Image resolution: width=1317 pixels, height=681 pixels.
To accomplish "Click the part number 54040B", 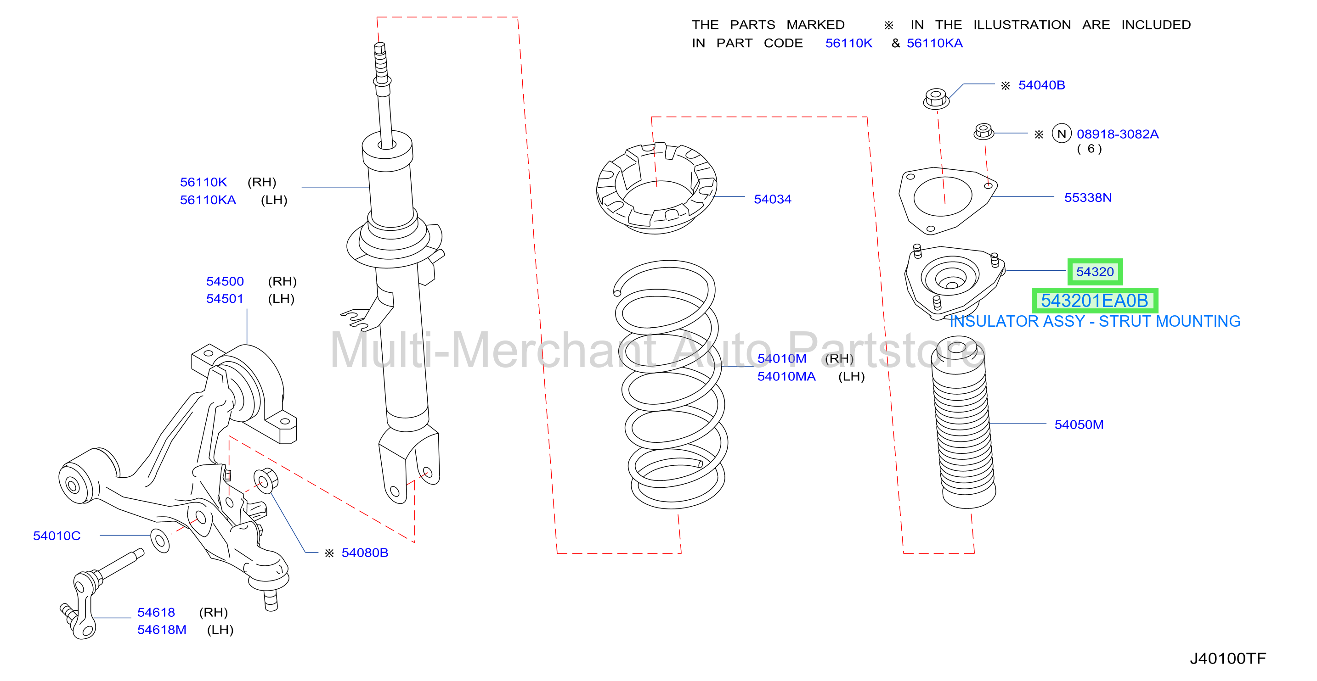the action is [1041, 85].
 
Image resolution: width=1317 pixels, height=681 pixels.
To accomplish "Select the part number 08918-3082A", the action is [1117, 134].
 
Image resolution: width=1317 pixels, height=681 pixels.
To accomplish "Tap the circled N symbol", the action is [1062, 134].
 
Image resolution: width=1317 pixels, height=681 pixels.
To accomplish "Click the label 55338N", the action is [1087, 197].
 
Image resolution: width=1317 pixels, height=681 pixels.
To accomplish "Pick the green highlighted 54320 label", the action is [1095, 271].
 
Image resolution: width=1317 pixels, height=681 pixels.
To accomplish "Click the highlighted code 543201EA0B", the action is [1095, 301].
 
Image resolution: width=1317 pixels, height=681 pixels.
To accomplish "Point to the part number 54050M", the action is [1079, 424].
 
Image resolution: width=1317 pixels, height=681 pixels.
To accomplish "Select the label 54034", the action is [772, 199].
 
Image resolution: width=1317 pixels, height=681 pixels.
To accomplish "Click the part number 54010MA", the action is [786, 376].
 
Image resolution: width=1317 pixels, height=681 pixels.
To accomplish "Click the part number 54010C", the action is [57, 536].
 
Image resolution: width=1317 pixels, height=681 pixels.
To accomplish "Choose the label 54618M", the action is [162, 630].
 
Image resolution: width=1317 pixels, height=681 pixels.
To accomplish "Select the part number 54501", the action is [225, 298].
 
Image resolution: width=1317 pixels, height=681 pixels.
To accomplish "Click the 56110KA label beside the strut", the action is [208, 200].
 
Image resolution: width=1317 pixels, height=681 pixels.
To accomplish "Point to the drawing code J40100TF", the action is [1227, 658].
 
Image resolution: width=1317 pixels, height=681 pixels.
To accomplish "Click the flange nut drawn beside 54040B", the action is [936, 98].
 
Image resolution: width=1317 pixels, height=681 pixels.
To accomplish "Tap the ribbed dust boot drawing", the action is [963, 422].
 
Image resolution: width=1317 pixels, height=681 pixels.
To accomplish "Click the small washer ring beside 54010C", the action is [160, 541].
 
